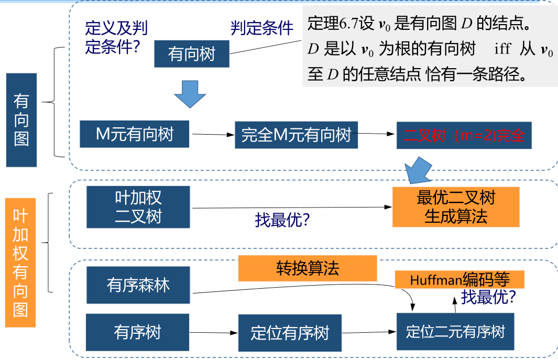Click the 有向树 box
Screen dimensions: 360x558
pos(192,53)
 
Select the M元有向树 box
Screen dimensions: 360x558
pos(135,134)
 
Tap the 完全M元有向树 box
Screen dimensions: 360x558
pos(296,135)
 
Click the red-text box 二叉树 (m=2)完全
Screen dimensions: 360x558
pos(464,136)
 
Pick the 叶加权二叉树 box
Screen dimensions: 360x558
pos(138,207)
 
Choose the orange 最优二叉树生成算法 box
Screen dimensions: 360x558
pos(456,207)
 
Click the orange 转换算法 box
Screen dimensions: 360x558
pos(308,268)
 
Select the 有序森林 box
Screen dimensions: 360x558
pos(138,286)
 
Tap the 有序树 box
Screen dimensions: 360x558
pos(137,332)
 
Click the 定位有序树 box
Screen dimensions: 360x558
pos(290,333)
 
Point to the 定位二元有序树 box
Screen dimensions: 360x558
pos(455,332)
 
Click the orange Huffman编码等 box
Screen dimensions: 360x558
pos(459,279)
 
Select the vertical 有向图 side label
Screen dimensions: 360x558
pos(21,120)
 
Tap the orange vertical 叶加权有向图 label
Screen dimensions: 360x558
pos(20,263)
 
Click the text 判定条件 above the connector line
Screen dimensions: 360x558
pos(262,28)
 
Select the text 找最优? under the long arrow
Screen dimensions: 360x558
pos(282,221)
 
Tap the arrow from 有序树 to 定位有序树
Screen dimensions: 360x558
pos(214,332)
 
